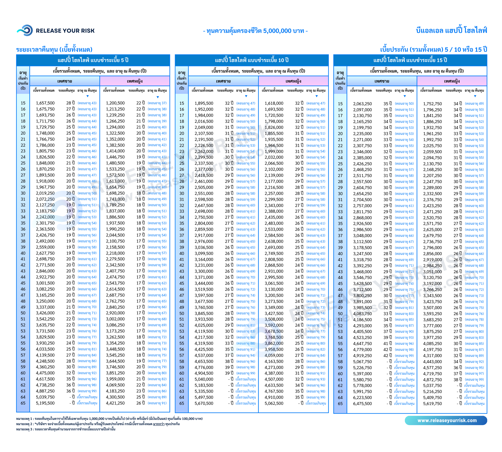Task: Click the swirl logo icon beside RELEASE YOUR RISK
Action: coord(25,31)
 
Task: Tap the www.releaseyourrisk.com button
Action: coord(446,421)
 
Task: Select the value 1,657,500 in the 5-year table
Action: coord(45,103)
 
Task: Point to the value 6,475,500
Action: coord(362,404)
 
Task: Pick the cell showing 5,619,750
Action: coord(432,404)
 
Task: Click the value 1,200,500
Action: coord(115,103)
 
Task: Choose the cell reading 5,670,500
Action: coord(204,404)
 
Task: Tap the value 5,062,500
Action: coord(274,404)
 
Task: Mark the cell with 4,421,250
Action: coord(115,403)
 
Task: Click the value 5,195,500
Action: coord(45,403)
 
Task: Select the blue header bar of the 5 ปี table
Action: coord(93,60)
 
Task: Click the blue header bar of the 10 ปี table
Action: coord(252,60)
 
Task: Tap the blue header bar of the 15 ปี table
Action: coord(410,60)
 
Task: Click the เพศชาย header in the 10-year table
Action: coord(223,81)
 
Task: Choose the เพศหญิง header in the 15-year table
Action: coord(452,81)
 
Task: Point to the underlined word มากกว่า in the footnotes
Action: coord(159,424)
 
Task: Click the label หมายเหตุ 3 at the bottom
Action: coord(24,429)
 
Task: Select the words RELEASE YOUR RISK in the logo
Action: coord(65,31)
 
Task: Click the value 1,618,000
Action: coord(274,103)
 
